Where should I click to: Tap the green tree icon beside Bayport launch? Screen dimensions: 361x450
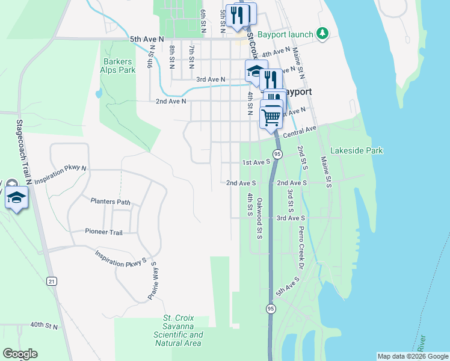(323, 34)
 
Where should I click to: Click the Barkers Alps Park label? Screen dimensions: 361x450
(119, 66)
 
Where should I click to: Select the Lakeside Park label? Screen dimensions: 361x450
(357, 150)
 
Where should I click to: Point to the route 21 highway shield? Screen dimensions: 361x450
(52, 281)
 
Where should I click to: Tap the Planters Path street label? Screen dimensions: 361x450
(110, 202)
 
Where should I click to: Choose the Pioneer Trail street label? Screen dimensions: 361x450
(103, 232)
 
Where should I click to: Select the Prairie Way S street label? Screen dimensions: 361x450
(152, 281)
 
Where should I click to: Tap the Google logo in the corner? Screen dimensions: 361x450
(20, 353)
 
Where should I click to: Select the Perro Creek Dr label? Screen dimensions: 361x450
(299, 247)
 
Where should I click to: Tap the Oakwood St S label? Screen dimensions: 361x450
(259, 218)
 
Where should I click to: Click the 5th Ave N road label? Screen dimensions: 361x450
(147, 39)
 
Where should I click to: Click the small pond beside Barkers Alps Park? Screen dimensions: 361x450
(97, 94)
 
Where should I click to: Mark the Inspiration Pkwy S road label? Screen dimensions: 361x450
(121, 259)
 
